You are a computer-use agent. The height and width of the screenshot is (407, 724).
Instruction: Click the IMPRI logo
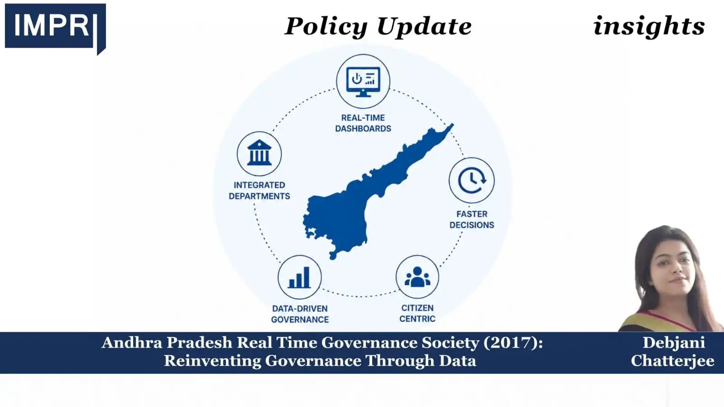tap(55, 29)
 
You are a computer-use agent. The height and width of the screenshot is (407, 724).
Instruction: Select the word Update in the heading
tap(424, 26)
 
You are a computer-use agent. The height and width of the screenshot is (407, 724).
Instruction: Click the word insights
tap(649, 25)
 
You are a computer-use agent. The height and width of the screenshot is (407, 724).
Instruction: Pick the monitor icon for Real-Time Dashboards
tap(363, 81)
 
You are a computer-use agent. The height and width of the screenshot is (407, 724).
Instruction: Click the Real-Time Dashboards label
tap(363, 123)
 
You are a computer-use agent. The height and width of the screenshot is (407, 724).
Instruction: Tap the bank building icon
tap(259, 153)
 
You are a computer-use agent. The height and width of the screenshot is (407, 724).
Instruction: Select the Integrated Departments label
tap(259, 191)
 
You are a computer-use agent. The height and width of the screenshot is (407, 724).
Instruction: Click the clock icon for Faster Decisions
tap(472, 180)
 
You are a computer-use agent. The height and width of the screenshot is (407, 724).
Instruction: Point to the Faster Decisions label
tap(472, 220)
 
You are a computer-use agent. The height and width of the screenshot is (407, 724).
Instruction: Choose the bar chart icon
tap(300, 278)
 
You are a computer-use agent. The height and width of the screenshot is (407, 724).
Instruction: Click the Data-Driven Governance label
tap(300, 314)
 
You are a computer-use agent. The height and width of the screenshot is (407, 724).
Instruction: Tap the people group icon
tap(417, 277)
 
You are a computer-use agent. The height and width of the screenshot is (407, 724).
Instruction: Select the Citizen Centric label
tap(417, 313)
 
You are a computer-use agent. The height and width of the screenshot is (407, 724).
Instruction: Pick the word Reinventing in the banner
tap(212, 361)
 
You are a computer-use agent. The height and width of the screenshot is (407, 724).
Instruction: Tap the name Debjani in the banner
tap(674, 343)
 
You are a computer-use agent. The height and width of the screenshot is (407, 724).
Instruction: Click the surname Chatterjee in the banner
tap(672, 361)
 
